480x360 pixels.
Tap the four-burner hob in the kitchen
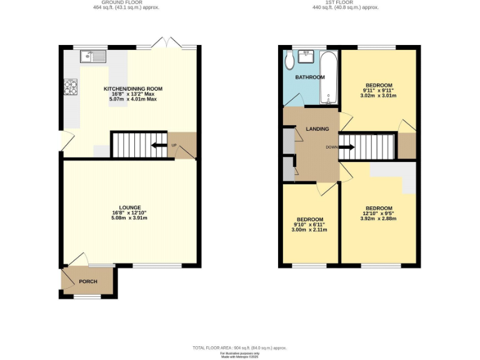click(x=69, y=87)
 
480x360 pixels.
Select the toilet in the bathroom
click(x=290, y=61)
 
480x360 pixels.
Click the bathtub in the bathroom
click(x=329, y=77)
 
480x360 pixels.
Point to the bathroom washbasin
click(x=307, y=57)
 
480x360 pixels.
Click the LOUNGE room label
click(x=131, y=207)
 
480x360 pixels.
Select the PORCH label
click(x=88, y=281)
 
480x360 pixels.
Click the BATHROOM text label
click(x=310, y=77)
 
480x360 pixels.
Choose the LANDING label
click(x=317, y=129)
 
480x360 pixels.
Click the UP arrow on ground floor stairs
click(x=160, y=146)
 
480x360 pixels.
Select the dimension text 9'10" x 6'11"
click(x=310, y=225)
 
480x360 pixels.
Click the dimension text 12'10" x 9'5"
click(x=379, y=214)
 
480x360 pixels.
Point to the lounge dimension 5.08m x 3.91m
click(x=131, y=218)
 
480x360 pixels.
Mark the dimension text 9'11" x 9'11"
click(x=379, y=91)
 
